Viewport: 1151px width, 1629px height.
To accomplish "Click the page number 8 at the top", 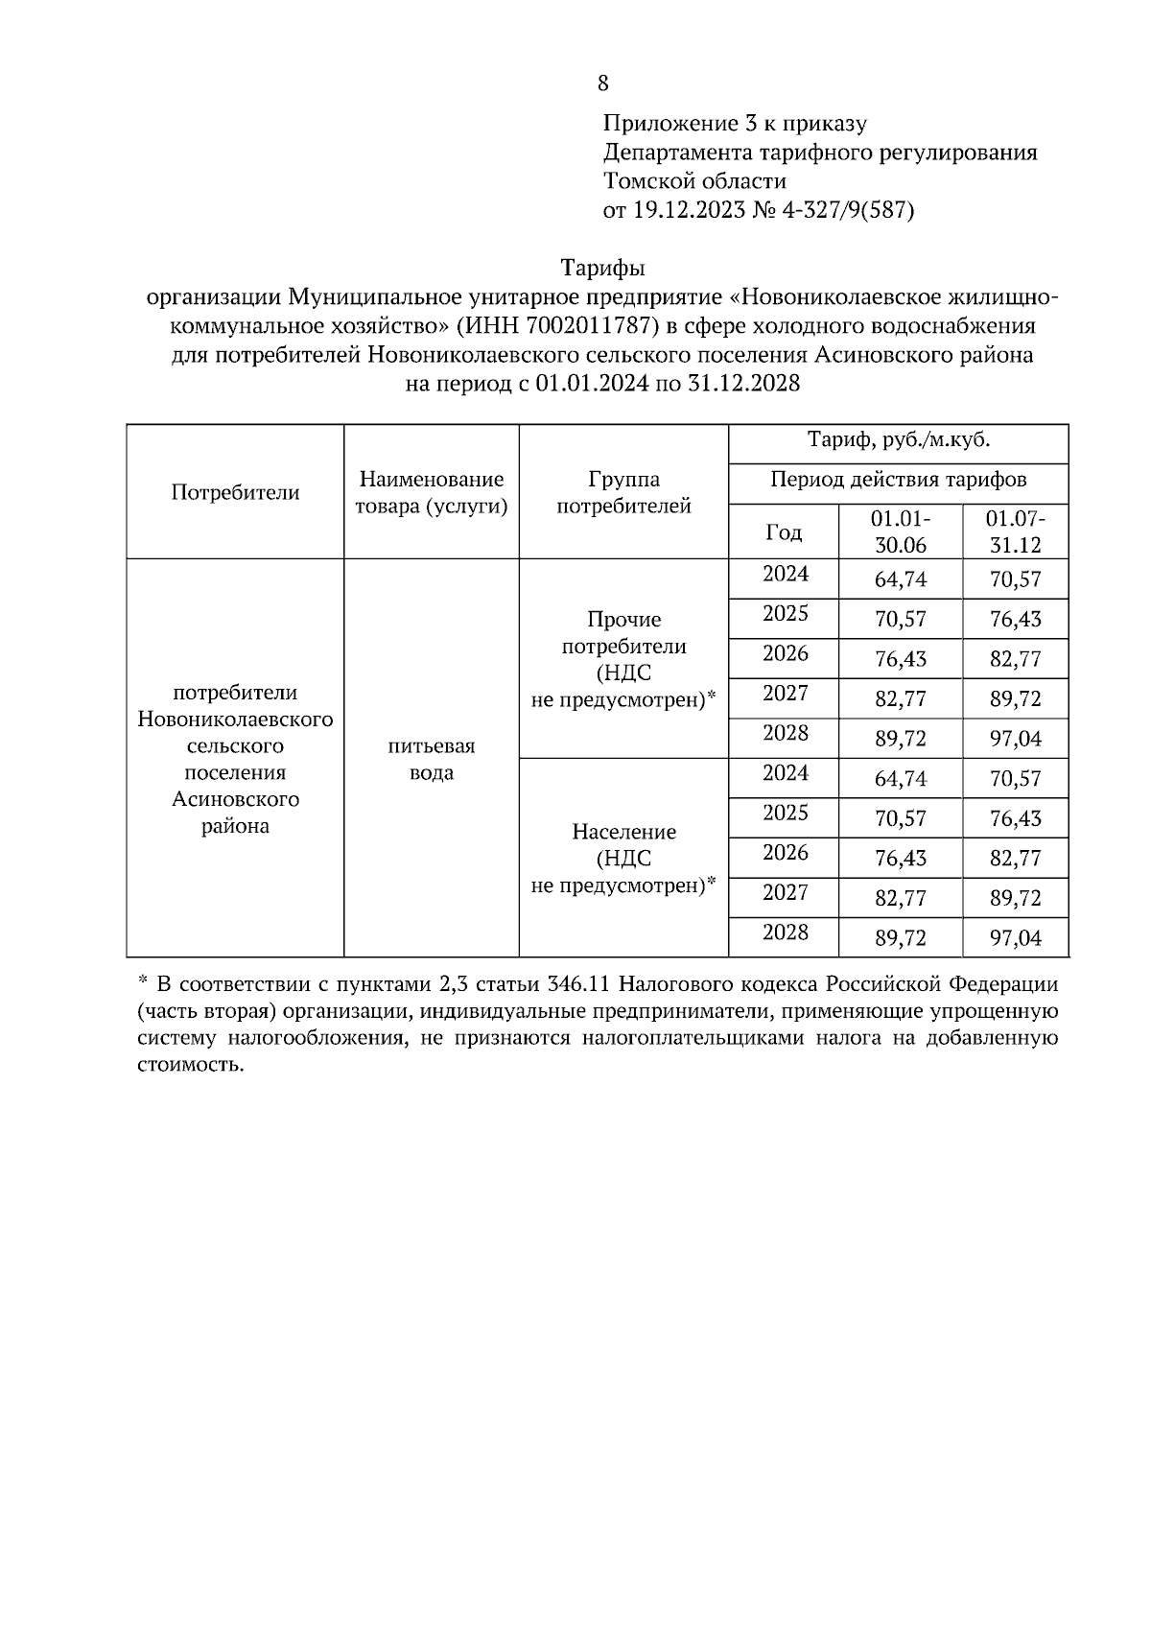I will click(602, 83).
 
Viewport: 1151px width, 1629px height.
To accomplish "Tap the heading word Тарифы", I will click(602, 268).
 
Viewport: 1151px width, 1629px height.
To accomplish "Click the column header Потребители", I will click(235, 492).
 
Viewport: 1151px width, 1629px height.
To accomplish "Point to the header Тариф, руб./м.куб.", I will click(898, 440).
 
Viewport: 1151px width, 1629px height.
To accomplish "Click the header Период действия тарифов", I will click(898, 479).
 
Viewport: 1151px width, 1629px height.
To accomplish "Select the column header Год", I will click(783, 531).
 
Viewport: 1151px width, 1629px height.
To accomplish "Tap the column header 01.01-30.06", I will click(900, 531).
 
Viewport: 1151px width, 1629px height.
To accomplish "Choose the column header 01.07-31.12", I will click(1015, 531).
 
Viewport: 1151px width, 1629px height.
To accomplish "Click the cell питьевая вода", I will click(432, 759).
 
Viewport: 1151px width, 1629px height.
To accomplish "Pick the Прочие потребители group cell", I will click(623, 659).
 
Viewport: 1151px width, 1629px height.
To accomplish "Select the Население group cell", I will click(623, 858).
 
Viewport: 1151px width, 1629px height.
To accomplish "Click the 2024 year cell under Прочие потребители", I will click(785, 575).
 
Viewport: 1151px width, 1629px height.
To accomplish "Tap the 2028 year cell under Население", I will click(785, 933).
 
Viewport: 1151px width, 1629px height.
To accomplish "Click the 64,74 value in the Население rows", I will click(900, 779).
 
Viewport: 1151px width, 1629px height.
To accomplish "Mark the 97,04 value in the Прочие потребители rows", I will click(1015, 739).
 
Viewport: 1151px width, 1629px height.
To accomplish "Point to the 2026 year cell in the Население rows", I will click(785, 853).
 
